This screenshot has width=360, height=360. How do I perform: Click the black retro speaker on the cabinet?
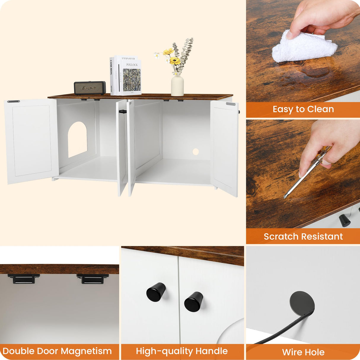[x=90, y=88]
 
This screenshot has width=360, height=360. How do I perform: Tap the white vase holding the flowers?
[x=177, y=85]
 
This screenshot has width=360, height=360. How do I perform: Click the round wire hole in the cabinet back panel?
[x=195, y=152]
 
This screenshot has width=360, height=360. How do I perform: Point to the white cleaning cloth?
[x=304, y=47]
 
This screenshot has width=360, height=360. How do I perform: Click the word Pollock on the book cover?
[x=132, y=65]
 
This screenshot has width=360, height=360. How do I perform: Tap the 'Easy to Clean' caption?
[x=303, y=109]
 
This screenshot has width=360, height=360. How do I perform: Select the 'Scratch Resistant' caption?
[x=303, y=236]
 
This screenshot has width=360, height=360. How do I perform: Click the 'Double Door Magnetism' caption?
[x=57, y=351]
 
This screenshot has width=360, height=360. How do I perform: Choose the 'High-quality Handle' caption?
[x=182, y=351]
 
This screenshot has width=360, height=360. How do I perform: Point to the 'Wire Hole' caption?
[x=303, y=352]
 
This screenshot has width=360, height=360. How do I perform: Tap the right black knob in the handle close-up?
[x=194, y=302]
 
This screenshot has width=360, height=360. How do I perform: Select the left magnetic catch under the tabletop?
[x=24, y=279]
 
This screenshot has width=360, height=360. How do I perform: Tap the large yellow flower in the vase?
[x=175, y=61]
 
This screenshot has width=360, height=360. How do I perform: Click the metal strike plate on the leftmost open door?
[x=14, y=101]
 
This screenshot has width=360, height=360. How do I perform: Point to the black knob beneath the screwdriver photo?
[x=345, y=220]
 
